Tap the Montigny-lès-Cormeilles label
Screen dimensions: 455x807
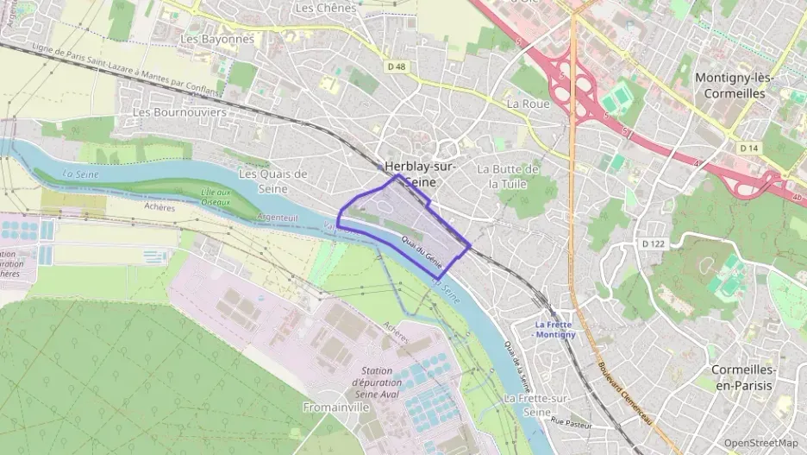735,85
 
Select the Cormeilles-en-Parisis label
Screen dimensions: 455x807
744,377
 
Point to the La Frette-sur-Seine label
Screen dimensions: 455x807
537,405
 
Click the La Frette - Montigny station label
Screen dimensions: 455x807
555,329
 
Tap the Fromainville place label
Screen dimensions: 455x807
336,406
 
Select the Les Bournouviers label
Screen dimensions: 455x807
179,112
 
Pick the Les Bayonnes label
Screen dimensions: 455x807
217,39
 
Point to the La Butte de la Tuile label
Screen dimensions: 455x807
509,176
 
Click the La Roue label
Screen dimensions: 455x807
528,104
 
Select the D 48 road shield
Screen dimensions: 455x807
396,66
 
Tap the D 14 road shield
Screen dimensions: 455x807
748,149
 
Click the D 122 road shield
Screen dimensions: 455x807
654,244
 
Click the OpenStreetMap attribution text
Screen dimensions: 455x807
760,443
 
